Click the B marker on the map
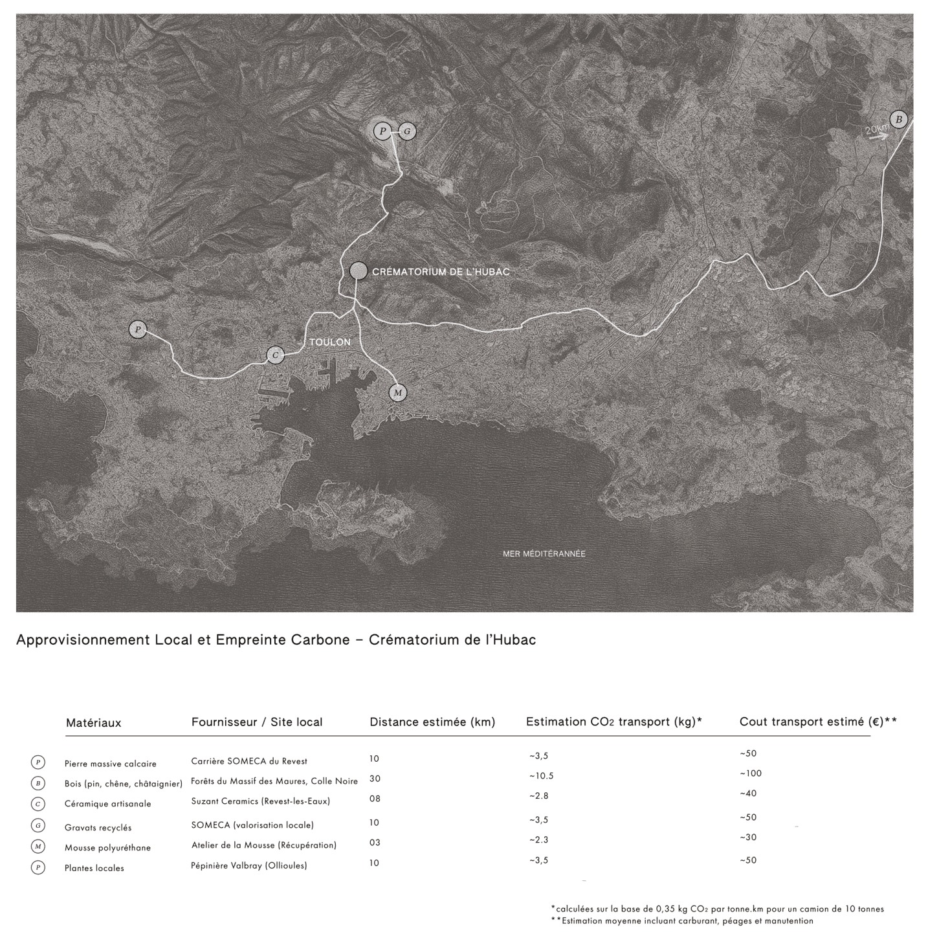[x=898, y=119]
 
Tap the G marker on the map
[x=407, y=132]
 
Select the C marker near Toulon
[x=276, y=355]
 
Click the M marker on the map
[x=398, y=393]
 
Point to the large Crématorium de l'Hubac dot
[x=359, y=271]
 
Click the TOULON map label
[x=330, y=342]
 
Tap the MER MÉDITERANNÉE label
[x=544, y=554]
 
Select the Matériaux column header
[x=93, y=723]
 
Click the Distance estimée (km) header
[x=432, y=722]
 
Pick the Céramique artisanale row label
[x=107, y=804]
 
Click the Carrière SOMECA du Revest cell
[x=249, y=761]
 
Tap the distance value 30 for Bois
[x=375, y=779]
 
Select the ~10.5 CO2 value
[x=541, y=775]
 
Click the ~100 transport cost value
[x=751, y=773]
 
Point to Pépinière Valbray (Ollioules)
[x=249, y=865]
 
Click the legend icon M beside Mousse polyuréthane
[x=38, y=847]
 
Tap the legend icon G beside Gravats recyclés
[x=38, y=826]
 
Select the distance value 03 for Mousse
[x=375, y=843]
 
